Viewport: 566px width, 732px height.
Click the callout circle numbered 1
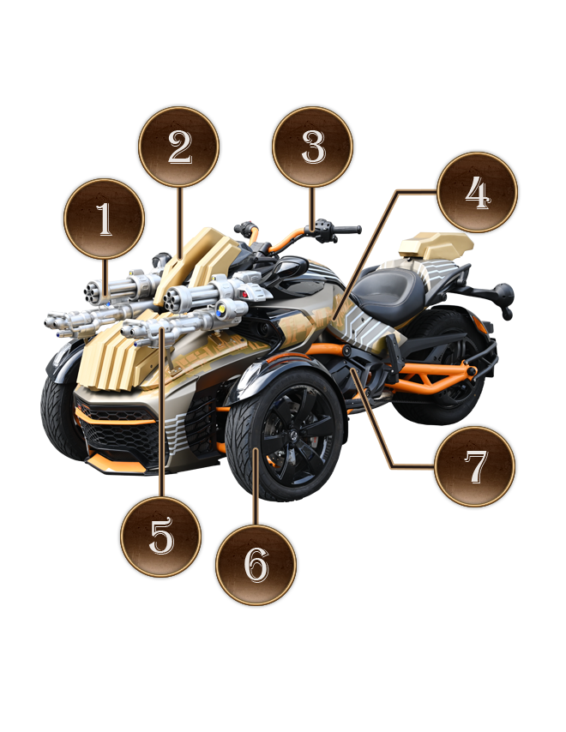(104, 219)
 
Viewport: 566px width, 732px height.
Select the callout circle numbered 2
(179, 147)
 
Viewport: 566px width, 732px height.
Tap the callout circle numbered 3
(312, 147)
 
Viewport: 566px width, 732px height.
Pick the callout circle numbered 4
(478, 192)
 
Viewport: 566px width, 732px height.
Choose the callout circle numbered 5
(160, 537)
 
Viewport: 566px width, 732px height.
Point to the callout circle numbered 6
(256, 564)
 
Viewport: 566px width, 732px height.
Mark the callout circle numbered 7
(475, 466)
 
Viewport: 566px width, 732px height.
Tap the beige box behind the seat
(436, 245)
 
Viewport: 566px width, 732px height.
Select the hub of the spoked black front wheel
(291, 436)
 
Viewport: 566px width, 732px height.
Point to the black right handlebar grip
(346, 230)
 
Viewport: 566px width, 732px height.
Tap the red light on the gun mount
(244, 294)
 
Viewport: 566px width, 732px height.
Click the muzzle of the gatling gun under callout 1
(91, 293)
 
